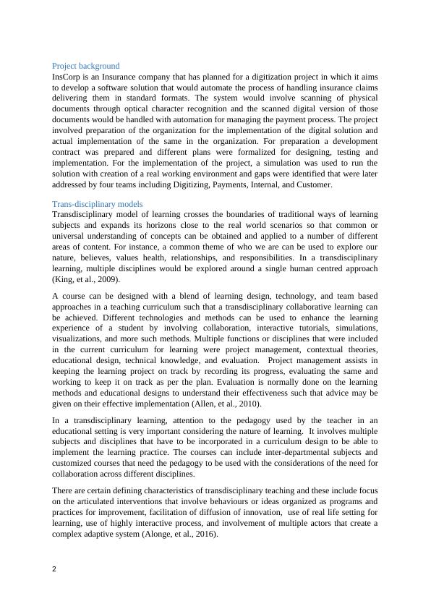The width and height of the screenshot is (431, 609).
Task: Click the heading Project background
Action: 86,66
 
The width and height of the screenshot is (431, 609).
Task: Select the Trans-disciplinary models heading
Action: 98,205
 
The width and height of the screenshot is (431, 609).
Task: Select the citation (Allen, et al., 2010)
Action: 227,404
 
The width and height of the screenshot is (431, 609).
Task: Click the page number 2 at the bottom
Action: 55,568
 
